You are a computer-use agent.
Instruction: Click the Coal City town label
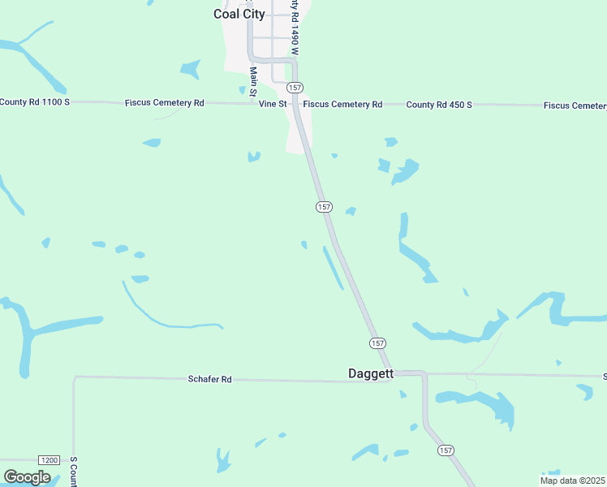(x=239, y=14)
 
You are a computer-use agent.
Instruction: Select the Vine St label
(x=273, y=104)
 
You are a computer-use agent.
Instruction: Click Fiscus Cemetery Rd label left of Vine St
(x=164, y=103)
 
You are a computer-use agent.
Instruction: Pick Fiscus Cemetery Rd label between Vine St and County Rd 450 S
(x=342, y=104)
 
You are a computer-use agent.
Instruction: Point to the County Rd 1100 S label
(x=36, y=101)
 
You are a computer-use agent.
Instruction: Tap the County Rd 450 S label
(x=439, y=105)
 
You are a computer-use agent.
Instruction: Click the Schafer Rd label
(x=210, y=379)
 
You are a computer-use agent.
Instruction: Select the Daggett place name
(x=370, y=374)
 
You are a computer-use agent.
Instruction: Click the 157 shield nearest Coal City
(x=295, y=88)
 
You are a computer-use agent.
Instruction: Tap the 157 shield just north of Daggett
(x=377, y=343)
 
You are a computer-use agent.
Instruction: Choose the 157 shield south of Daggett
(x=446, y=450)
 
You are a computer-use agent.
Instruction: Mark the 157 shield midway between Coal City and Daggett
(x=324, y=207)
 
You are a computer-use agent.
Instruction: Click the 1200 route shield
(x=49, y=460)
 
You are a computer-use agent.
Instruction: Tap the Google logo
(x=27, y=476)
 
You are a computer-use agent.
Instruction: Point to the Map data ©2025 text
(x=572, y=481)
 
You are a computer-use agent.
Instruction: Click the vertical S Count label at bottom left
(x=73, y=472)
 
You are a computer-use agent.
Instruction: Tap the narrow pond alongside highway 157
(x=333, y=267)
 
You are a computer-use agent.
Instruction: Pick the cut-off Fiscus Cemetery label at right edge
(x=575, y=106)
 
